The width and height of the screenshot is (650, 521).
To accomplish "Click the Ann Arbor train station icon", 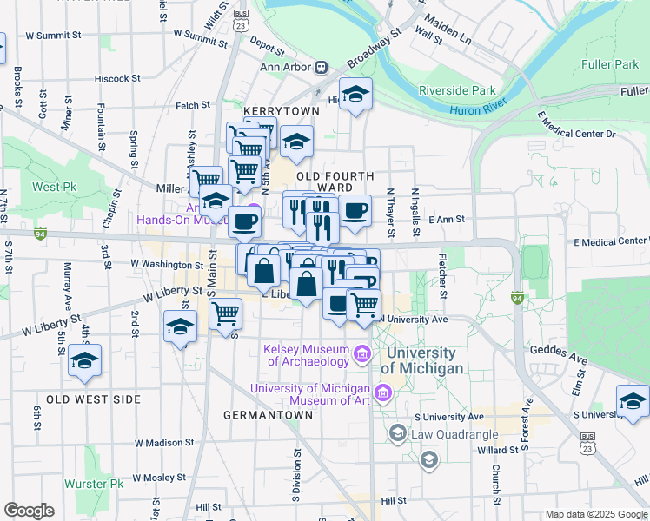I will pos(321,67).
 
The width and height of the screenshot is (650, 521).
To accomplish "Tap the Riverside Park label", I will pos(457,90).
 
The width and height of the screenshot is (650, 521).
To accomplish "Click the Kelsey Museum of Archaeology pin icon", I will pos(361,355).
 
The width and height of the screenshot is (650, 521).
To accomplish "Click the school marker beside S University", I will pos(632,400).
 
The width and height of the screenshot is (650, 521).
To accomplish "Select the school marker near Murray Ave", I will pos(84,360).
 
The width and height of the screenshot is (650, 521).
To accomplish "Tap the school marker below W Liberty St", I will pos(180,327).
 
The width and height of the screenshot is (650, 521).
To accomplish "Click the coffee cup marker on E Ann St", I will pos(355,210).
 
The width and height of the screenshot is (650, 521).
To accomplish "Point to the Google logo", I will pos(29,510).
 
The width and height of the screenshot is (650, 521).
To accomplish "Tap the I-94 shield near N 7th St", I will pos(40,233).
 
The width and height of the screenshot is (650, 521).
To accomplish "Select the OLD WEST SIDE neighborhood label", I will pos(93,399).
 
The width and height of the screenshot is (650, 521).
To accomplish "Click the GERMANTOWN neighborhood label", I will pos(268,415).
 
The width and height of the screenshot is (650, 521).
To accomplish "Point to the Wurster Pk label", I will pos(93,484).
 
